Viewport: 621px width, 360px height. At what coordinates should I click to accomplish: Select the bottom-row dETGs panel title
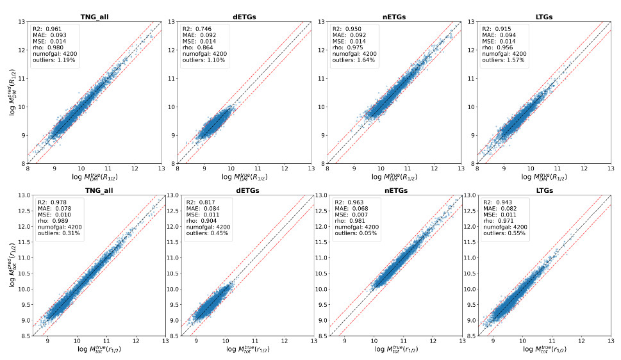tap(242, 190)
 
